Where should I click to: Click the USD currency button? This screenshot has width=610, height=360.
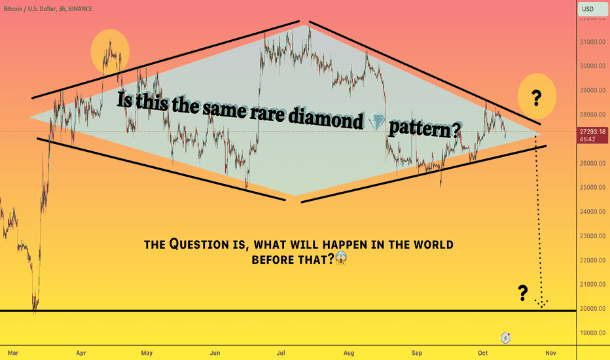point(592,9)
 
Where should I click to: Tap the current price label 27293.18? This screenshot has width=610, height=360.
point(592,132)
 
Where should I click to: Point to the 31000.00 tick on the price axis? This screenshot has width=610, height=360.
point(592,42)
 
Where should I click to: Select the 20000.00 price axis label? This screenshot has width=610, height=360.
point(592,309)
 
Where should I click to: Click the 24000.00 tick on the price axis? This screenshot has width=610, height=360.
point(592,211)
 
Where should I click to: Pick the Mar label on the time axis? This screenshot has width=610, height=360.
point(13,353)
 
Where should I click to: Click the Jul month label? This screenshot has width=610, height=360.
point(281,353)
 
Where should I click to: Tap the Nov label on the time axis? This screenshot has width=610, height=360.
point(550,353)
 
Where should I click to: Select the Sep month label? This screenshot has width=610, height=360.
point(417,353)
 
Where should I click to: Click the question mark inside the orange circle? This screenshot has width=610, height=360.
point(537,98)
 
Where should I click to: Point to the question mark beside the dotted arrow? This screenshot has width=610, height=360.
point(523,293)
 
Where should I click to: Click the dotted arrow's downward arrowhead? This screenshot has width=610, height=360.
point(541,304)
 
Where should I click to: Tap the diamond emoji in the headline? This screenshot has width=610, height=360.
point(376,121)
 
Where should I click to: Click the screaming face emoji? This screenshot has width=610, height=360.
point(341,258)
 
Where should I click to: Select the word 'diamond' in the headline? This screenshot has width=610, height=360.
point(326,118)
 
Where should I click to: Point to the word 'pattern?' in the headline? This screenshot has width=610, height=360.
point(425,129)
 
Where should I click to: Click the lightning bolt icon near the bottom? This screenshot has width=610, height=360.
point(505,338)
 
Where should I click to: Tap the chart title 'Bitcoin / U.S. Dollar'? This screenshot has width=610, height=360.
point(30,9)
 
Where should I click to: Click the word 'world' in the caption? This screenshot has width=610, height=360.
point(433,245)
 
